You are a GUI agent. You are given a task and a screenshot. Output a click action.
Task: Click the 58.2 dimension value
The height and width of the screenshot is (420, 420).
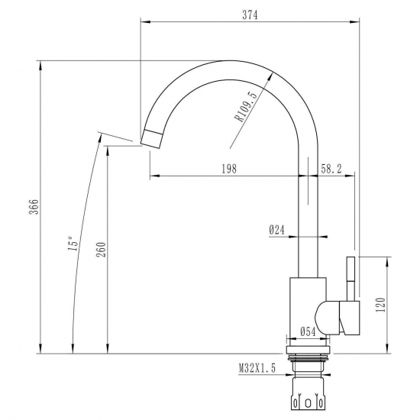[331, 169]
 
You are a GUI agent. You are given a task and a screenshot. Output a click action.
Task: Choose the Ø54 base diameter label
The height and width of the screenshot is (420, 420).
[308, 331]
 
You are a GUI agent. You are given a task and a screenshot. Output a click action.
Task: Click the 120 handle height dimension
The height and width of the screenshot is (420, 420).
[380, 305]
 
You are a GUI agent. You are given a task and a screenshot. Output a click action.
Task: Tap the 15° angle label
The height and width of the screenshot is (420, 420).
[73, 243]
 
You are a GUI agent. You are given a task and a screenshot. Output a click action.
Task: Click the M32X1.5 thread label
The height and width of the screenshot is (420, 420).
[257, 369]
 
